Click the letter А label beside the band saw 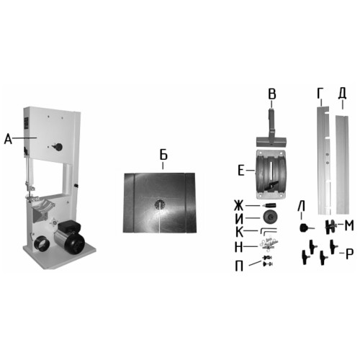coord(8,139)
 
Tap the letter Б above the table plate coord(163,155)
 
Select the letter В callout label coord(272,94)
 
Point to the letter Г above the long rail coord(320,93)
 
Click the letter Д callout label coord(342,94)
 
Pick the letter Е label coord(240,171)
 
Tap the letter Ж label coord(238,206)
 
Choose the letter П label coord(239,266)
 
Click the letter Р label coord(350,254)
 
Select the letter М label coord(349,225)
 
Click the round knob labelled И coord(271,217)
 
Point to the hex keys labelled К coord(269,231)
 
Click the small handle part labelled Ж coord(269,205)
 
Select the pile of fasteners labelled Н coord(269,243)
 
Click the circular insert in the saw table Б coord(160,204)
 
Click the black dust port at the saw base coord(42,244)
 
